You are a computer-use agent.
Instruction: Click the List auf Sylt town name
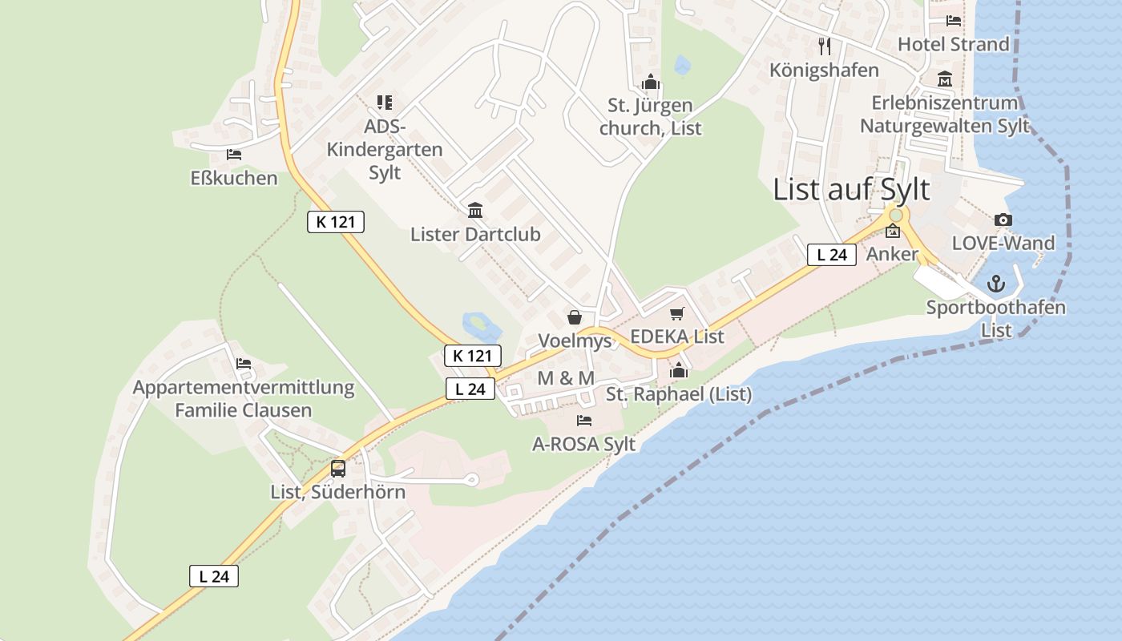(851, 190)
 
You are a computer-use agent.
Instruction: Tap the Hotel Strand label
(953, 44)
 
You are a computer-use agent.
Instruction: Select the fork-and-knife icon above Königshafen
(825, 46)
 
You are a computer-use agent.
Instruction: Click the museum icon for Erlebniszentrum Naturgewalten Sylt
(945, 80)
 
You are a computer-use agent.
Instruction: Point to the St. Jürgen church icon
(650, 82)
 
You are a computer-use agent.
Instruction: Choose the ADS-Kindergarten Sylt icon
(385, 103)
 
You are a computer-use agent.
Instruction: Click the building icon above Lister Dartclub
(475, 211)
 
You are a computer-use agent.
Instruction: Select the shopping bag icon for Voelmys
(575, 318)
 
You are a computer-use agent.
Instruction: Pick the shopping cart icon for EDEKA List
(677, 313)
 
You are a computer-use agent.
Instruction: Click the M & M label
(566, 378)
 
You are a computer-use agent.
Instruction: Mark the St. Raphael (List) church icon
(679, 370)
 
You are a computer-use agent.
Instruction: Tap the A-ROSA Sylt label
(584, 444)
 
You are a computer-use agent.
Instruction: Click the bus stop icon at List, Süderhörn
(338, 468)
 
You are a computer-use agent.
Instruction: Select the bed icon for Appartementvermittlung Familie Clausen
(244, 364)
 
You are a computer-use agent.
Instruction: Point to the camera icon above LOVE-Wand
(1003, 220)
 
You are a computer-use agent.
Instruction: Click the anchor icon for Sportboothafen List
(995, 284)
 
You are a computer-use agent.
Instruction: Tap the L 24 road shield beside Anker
(831, 255)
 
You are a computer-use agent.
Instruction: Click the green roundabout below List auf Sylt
(896, 215)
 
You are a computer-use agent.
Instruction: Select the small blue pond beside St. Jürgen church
(682, 65)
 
